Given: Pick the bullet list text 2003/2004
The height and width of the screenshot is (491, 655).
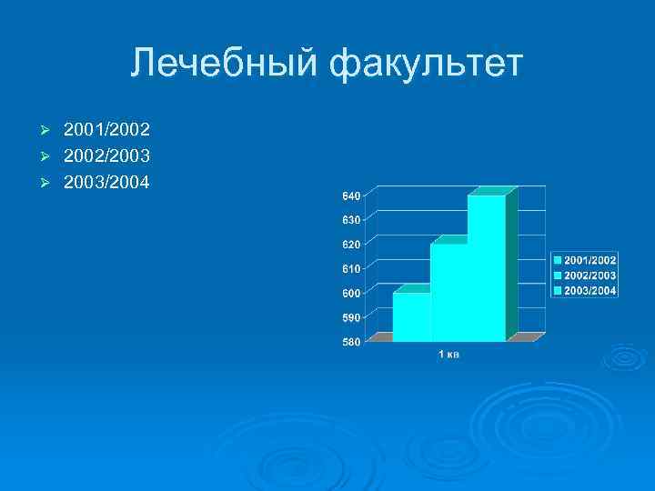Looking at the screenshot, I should click(106, 183).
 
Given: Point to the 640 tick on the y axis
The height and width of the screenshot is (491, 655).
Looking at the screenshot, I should click(351, 195).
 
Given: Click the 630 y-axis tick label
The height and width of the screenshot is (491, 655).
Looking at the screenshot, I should click(351, 220).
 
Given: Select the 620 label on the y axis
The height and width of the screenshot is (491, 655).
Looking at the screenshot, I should click(351, 245).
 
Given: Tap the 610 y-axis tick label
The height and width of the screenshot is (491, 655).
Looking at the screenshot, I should click(351, 269).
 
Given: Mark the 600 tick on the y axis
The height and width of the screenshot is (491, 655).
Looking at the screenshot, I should click(351, 294).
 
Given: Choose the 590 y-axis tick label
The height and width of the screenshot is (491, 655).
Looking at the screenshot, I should click(351, 318).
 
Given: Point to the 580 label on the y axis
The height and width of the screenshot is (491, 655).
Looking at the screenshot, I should click(351, 342).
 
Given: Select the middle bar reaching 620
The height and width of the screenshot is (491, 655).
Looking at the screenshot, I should click(448, 292).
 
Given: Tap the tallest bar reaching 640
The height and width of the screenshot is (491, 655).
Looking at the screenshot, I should click(487, 268).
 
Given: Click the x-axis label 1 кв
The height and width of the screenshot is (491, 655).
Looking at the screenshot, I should click(448, 355).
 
